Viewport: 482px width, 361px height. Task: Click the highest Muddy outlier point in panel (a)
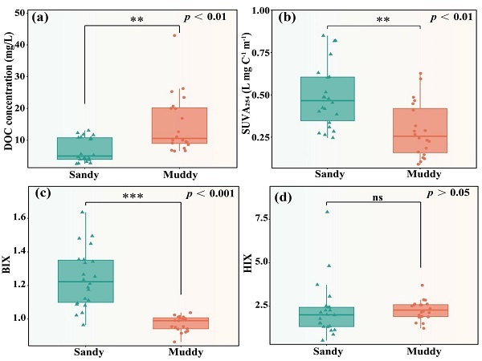(174, 35)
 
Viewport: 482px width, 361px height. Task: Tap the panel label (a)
(40, 17)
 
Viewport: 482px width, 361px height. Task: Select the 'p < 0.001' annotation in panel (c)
(210, 194)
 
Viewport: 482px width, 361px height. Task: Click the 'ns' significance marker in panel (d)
(378, 197)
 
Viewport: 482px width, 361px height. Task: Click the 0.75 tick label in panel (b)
(260, 53)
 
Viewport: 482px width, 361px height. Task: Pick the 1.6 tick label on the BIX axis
(18, 217)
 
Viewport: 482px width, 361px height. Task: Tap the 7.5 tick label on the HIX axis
(263, 218)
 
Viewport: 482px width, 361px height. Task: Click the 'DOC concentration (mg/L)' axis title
(8, 91)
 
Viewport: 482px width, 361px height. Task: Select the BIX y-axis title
(6, 265)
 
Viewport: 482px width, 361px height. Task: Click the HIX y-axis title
(247, 263)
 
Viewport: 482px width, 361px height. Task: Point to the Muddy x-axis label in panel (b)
(424, 174)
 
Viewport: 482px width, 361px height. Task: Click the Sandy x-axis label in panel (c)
(89, 352)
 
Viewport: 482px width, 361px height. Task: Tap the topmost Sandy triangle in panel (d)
(328, 212)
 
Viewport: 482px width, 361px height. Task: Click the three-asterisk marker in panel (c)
(133, 196)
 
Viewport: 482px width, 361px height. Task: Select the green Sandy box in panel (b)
(328, 99)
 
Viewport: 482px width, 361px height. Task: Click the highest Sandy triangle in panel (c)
(83, 212)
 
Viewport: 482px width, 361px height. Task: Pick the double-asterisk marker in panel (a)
(137, 19)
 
